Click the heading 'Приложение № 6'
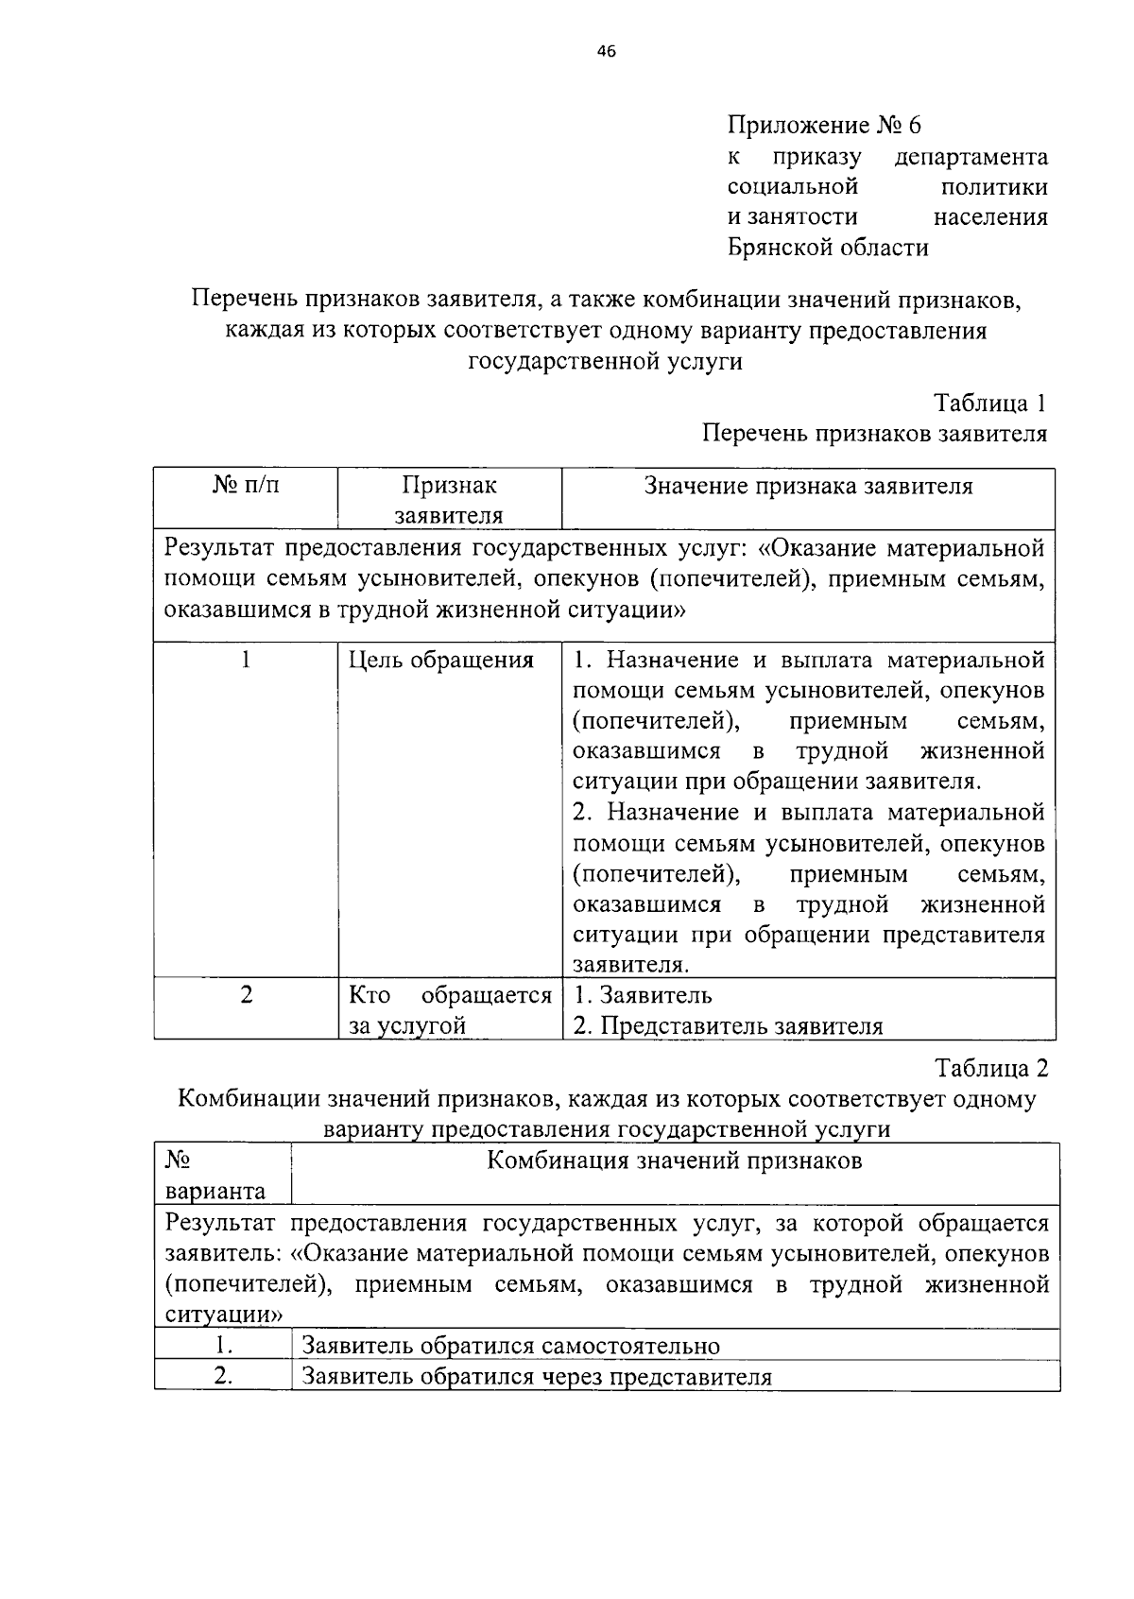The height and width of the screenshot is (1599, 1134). [x=823, y=125]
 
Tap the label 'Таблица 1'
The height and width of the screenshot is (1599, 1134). [x=989, y=404]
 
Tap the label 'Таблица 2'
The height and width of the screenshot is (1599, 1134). [x=991, y=1069]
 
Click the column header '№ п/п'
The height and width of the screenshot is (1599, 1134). [x=246, y=486]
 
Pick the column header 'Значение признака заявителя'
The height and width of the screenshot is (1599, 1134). [x=808, y=486]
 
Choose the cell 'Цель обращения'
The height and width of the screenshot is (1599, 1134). [x=440, y=660]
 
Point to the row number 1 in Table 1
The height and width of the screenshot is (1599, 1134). [x=246, y=660]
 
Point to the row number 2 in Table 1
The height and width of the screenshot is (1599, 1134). [x=247, y=995]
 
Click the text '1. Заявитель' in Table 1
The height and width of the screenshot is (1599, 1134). [x=643, y=995]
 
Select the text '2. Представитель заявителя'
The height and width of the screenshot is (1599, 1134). [x=728, y=1026]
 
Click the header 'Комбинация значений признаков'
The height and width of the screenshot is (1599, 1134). [x=675, y=1161]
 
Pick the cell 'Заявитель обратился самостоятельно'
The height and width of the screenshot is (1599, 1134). [x=510, y=1346]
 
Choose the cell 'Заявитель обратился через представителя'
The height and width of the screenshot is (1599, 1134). [x=536, y=1377]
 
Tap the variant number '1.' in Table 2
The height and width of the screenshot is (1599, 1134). [x=223, y=1346]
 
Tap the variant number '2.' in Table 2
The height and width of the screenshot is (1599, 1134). [x=223, y=1377]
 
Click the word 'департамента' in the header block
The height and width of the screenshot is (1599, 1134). [x=971, y=156]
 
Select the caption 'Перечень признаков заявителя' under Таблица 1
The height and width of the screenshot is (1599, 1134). [x=874, y=434]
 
